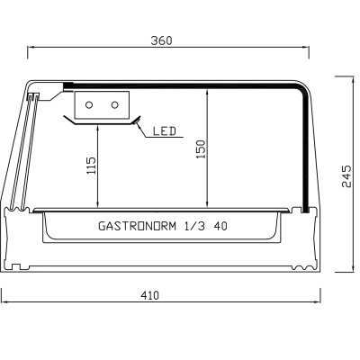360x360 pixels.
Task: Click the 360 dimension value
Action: point(161,40)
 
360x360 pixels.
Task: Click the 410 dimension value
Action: point(150,295)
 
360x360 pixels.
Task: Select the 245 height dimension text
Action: point(346,175)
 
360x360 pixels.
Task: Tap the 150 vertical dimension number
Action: point(201,149)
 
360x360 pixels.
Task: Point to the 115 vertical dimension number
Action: point(91,166)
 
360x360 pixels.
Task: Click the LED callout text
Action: point(165,131)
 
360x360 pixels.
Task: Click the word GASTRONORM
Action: point(137,226)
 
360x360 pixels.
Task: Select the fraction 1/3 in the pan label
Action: point(193,226)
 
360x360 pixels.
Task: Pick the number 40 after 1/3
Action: point(220,226)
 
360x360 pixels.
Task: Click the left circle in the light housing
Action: point(89,105)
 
